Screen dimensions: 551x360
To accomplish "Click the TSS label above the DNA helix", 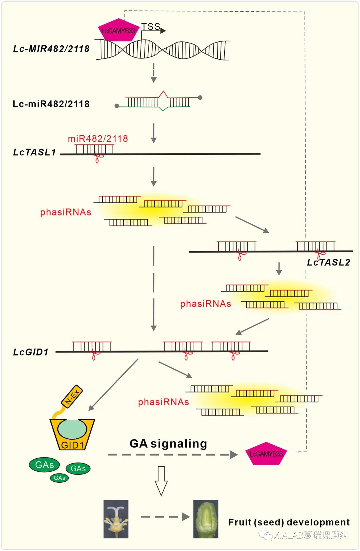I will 151,26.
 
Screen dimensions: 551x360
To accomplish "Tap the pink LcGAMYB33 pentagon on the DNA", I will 118,30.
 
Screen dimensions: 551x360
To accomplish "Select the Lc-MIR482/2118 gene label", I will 51,49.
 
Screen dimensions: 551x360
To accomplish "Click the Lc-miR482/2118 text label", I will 51,104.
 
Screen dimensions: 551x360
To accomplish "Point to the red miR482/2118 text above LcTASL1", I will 98,138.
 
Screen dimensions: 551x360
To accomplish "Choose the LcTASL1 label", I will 34,152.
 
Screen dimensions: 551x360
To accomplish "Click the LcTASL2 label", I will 328,262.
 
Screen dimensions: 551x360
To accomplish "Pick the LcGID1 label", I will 31,352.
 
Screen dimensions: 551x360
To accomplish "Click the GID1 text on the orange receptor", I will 72,445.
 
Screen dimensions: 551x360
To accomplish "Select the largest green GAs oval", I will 44,465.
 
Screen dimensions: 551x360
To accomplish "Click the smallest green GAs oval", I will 59,478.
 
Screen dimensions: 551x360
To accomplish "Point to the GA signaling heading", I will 168,444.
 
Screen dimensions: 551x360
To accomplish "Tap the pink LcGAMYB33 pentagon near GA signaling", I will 266,454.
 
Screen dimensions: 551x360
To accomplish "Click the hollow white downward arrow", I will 161,481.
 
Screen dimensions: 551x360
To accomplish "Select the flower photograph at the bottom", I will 116,519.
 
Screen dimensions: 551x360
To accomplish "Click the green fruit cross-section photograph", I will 206,519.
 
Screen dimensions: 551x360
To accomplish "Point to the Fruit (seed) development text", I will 289,522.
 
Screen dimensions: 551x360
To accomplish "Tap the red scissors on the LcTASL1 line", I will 97,157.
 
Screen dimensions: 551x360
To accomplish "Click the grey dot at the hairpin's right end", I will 200,98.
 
